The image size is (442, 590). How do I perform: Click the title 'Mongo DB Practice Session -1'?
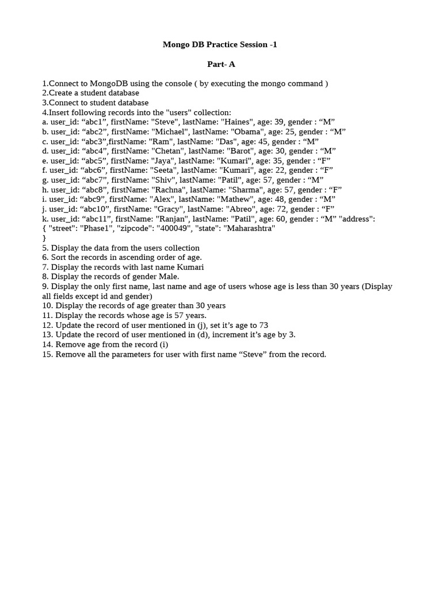click(220, 44)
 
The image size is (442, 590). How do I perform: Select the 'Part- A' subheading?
click(221, 64)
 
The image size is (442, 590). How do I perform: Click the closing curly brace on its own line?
click(44, 238)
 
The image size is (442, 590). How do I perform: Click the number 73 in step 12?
click(263, 326)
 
